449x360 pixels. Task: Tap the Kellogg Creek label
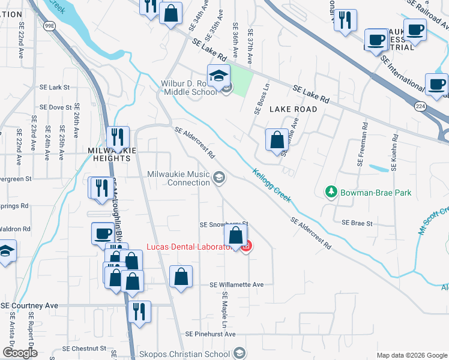(271, 182)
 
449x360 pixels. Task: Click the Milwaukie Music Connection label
(178, 178)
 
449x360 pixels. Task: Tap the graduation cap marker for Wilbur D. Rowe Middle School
(218, 76)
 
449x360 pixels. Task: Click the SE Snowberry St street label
(223, 224)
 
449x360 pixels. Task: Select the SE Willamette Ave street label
(237, 284)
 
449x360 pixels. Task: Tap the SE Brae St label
(357, 223)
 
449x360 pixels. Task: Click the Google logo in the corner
(20, 353)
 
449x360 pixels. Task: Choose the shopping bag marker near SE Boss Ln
(276, 140)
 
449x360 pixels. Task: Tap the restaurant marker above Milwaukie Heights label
(118, 137)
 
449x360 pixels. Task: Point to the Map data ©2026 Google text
(411, 355)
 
